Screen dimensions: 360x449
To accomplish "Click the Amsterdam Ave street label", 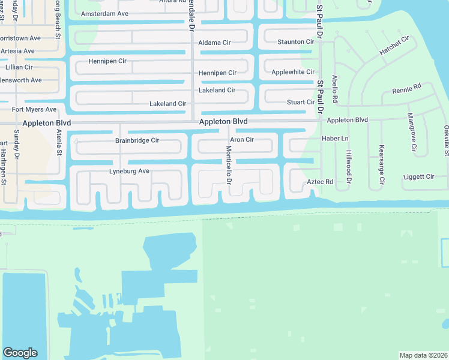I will [104, 13].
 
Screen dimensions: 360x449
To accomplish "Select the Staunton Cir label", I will [295, 42].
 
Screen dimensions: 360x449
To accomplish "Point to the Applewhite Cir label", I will [293, 72].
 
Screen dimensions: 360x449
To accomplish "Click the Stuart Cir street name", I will [301, 102].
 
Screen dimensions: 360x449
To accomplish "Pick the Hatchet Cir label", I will [394, 46].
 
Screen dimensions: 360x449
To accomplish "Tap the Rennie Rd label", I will [406, 90].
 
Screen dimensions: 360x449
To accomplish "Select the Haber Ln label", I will [335, 139].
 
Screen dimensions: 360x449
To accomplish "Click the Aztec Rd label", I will [320, 182].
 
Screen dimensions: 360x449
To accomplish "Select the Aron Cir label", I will [242, 140].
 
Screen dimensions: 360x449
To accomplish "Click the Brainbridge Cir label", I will [137, 140].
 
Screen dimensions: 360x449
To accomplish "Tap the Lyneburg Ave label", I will [129, 171].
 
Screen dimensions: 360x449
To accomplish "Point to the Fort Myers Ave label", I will [34, 109].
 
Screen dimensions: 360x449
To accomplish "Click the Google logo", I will [20, 353].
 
